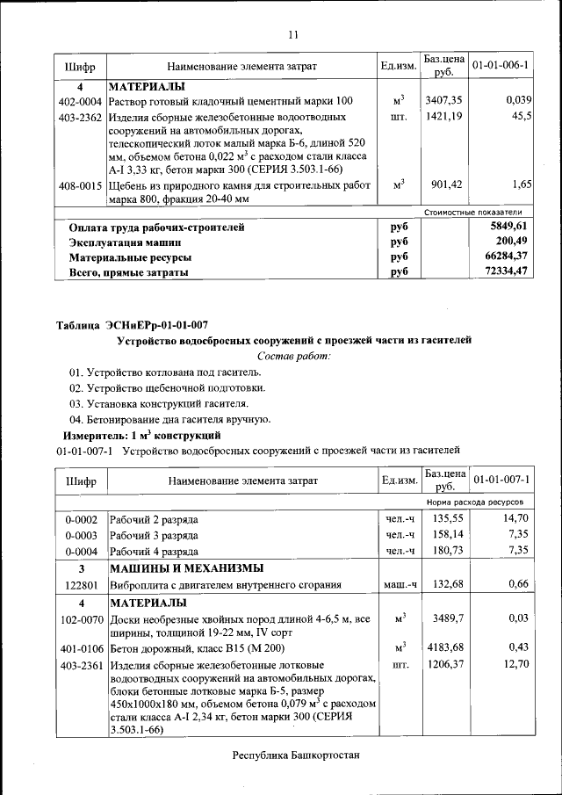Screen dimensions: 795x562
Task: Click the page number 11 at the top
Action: (x=293, y=35)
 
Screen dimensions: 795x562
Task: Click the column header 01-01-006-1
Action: (x=500, y=66)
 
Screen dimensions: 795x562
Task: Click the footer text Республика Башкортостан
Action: (x=296, y=755)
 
